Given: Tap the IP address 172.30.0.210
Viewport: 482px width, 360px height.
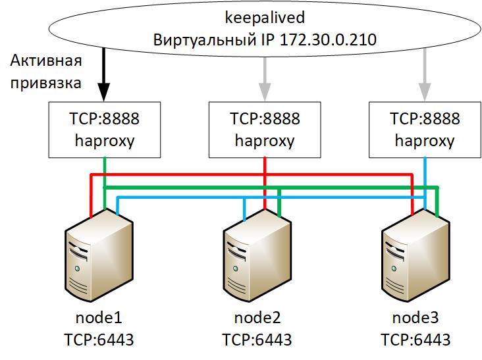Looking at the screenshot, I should pyautogui.click(x=328, y=40).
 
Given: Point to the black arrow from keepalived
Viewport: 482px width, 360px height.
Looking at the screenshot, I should pyautogui.click(x=104, y=76).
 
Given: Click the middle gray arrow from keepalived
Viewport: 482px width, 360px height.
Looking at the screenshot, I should pyautogui.click(x=265, y=76).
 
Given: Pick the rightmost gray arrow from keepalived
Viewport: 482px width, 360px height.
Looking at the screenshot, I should pyautogui.click(x=424, y=76).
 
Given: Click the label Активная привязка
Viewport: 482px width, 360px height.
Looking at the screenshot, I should pyautogui.click(x=46, y=72).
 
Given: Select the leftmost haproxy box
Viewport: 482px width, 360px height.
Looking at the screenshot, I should pyautogui.click(x=105, y=130).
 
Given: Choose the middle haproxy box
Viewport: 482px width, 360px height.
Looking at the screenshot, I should pyautogui.click(x=265, y=130).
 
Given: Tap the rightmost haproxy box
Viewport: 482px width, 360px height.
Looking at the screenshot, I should pyautogui.click(x=424, y=130).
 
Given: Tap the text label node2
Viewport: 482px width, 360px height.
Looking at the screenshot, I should pyautogui.click(x=257, y=319).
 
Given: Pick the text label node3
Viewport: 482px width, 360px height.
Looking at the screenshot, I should pyautogui.click(x=415, y=319).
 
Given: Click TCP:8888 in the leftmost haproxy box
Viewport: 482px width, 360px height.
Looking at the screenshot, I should pyautogui.click(x=105, y=120).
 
